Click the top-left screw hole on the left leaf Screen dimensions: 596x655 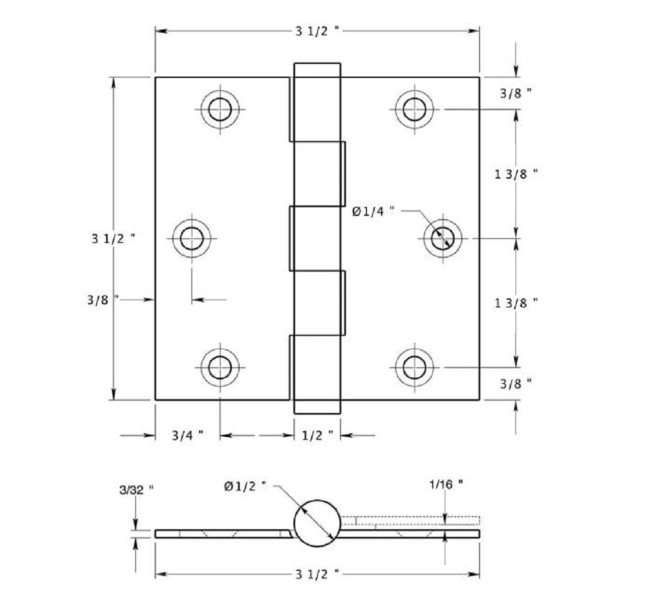coord(220,109)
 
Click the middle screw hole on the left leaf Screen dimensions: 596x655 coord(192,238)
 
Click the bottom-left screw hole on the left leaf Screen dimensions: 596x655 coord(220,368)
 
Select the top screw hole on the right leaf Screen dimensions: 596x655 coord(414,109)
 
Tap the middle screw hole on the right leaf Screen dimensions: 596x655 coord(443,238)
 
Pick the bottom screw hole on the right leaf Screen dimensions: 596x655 coord(414,368)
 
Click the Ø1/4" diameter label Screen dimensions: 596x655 coord(373,211)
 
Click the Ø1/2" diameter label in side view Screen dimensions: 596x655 coord(246,485)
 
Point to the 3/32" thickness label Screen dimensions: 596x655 coord(136,489)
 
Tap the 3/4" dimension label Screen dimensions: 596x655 coord(187,435)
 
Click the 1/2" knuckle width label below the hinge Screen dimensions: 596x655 coord(318,435)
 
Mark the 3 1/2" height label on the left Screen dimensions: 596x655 coord(113,238)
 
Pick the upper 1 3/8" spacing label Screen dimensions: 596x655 coord(516,174)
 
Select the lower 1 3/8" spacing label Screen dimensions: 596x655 coord(516,302)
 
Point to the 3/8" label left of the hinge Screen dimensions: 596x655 coord(102,300)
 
